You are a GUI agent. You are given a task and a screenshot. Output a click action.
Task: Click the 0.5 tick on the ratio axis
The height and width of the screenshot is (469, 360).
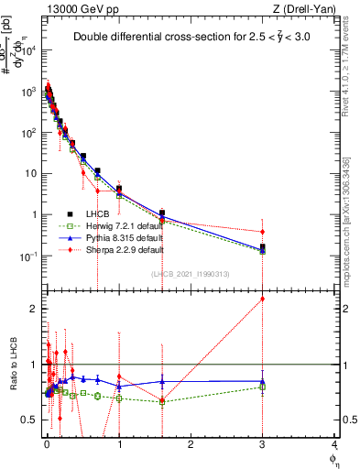(32, 420)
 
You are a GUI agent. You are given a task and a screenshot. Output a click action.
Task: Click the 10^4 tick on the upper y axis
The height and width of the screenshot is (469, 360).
(29, 50)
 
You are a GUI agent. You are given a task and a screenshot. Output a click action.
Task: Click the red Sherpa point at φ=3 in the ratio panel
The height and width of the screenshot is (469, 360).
(262, 299)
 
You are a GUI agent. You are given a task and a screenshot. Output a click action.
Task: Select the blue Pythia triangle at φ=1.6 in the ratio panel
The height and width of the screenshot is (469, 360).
(162, 381)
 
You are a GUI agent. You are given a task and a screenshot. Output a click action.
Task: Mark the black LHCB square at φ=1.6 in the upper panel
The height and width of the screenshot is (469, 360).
(162, 213)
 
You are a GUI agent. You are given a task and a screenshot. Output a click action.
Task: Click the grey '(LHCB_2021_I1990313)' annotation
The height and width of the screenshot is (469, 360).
(189, 275)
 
